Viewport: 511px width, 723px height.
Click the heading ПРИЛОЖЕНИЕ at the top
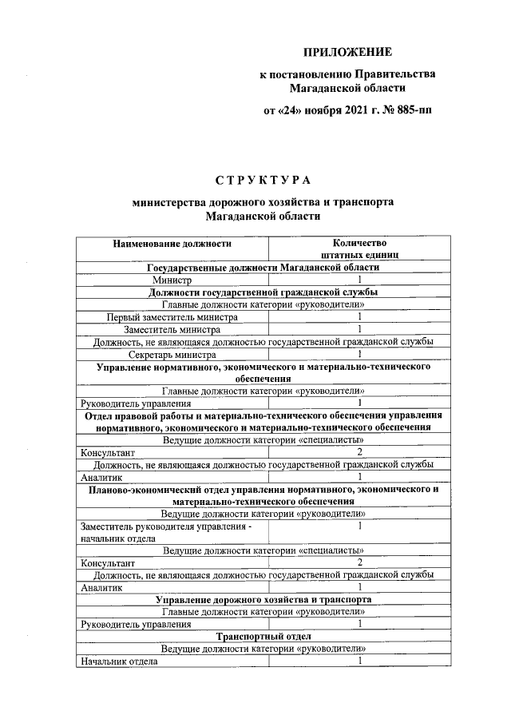coord(347,53)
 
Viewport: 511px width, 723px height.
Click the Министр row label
coord(172,280)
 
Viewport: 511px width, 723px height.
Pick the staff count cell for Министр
coord(359,280)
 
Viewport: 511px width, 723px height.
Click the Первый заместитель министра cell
coord(172,317)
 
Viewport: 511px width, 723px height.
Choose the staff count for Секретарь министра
coord(359,354)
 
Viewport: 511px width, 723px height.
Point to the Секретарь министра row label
coord(172,354)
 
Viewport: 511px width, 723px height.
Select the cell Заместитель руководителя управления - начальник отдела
coord(172,531)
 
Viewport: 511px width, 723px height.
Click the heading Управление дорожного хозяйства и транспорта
coord(263,598)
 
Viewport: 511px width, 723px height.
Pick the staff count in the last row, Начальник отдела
coord(359,661)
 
